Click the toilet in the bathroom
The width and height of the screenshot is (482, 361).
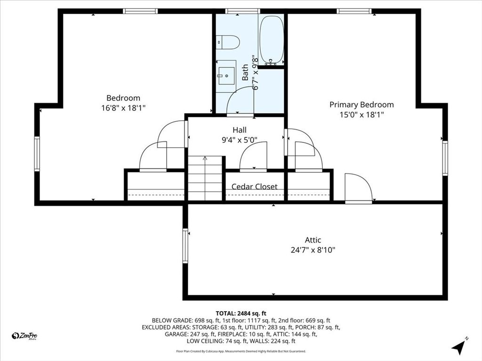pos(227,42)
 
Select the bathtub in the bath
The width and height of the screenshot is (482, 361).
pos(272,40)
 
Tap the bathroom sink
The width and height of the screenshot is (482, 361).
pos(226,75)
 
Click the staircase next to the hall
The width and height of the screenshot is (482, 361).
pos(205,178)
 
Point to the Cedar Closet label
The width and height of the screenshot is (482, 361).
pos(254,187)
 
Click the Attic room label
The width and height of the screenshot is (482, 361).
pos(313,240)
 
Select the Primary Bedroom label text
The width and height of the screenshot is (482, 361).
pos(361,105)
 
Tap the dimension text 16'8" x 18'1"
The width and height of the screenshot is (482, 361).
pos(123,108)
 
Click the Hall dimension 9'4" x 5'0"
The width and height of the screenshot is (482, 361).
pos(240,140)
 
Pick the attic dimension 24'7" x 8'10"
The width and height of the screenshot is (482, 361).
pos(313,250)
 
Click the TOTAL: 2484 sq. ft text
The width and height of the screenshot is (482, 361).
pos(241,314)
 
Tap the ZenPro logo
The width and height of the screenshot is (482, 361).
pos(24,336)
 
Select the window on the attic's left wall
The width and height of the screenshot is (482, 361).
pos(185,245)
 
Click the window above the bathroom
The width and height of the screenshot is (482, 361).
pos(242,11)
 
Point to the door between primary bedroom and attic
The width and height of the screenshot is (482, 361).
pos(358,188)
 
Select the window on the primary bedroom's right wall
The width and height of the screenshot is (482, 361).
pos(445,158)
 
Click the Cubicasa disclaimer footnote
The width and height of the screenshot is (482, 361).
pos(241,351)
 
